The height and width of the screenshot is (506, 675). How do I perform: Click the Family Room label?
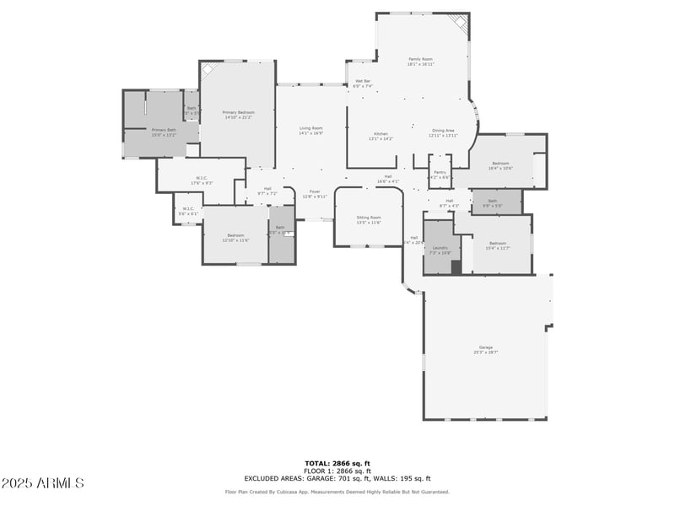pos(420,61)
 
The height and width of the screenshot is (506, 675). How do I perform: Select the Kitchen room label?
pos(381,136)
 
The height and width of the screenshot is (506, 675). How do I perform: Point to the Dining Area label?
pos(443,132)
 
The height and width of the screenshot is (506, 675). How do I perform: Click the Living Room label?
pos(310,130)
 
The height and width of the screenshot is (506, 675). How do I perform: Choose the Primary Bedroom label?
pos(239,115)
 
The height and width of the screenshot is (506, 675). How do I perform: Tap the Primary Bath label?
pos(164,132)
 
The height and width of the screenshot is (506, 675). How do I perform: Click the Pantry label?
pos(440,174)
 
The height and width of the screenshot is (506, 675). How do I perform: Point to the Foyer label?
pos(314,193)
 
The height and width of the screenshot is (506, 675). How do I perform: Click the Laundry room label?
pos(440,250)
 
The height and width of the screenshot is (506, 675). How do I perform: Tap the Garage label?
pos(485,349)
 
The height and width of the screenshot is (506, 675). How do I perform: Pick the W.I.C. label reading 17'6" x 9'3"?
pos(202,180)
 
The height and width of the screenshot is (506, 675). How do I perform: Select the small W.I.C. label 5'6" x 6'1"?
pos(188,211)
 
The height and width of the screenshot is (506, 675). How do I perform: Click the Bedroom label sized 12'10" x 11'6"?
pos(235,237)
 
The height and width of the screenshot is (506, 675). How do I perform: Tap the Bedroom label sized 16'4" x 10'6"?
pos(500,165)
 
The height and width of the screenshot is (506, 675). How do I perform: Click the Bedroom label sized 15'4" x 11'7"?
pos(497,245)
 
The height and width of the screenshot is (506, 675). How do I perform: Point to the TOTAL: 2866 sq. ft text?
pos(337,463)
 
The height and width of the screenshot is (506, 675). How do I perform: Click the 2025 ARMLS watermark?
pos(42,483)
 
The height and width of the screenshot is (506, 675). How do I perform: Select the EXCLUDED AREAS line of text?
pos(337,478)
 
